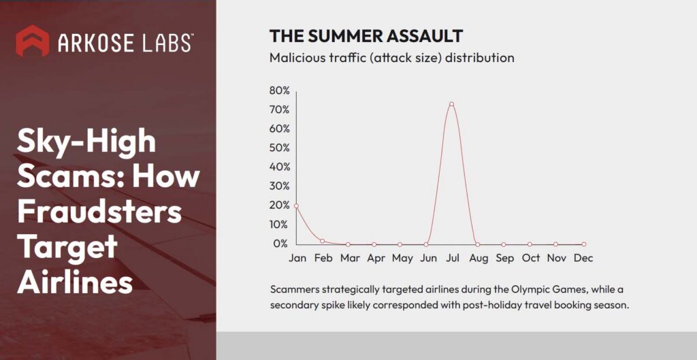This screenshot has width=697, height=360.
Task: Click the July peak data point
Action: [451, 104]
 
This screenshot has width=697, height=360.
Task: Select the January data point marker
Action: [296, 206]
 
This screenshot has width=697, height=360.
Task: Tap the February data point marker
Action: [322, 241]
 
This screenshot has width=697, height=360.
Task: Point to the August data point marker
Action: [477, 244]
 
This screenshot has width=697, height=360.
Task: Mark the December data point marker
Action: [583, 244]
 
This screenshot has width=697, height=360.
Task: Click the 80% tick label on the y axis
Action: [279, 91]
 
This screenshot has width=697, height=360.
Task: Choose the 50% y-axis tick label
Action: [279, 148]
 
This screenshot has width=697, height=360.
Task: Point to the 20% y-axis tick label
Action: [279, 205]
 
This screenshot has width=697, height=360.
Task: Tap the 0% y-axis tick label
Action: [282, 243]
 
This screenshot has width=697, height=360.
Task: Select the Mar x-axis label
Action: [350, 258]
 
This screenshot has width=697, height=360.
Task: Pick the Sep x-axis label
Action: [504, 258]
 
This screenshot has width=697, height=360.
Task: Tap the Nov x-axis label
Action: [557, 258]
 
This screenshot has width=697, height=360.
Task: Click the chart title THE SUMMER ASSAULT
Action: [366, 36]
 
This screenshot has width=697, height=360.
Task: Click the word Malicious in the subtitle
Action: [295, 58]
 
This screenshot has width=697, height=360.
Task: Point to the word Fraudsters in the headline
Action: [99, 212]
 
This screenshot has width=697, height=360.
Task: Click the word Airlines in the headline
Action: [75, 281]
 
